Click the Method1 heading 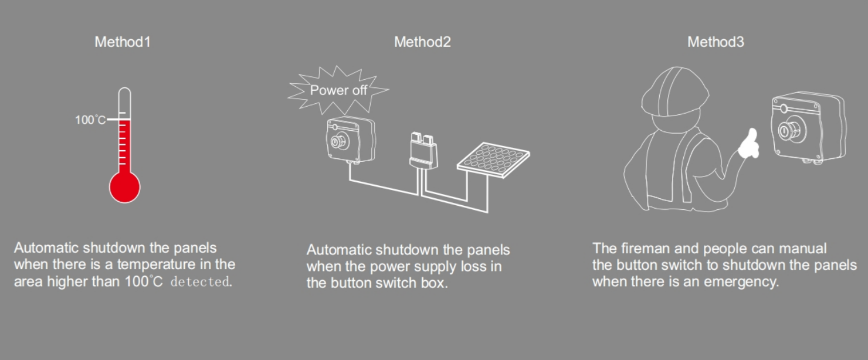click(x=123, y=42)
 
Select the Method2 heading click(x=422, y=42)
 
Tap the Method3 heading click(x=716, y=42)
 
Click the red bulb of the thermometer click(x=125, y=188)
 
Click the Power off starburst click(x=338, y=90)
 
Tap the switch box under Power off click(x=350, y=140)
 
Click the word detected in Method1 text click(x=199, y=282)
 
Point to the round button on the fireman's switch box click(x=787, y=130)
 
